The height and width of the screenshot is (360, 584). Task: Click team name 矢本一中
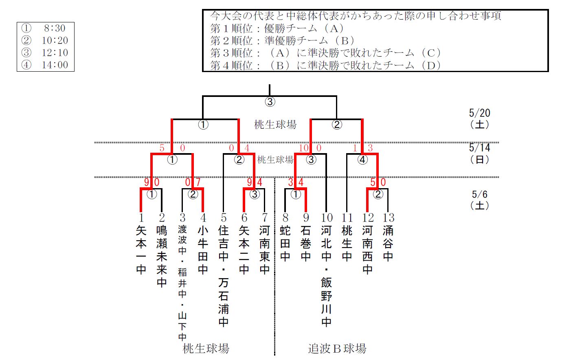pyautogui.click(x=141, y=250)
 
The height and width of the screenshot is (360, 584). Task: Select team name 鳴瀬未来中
pyautogui.click(x=162, y=257)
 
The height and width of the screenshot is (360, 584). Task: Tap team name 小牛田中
pyautogui.click(x=203, y=250)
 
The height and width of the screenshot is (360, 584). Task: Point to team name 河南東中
pyautogui.click(x=265, y=250)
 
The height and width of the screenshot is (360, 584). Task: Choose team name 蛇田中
pyautogui.click(x=285, y=244)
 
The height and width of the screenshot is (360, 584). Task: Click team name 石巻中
pyautogui.click(x=306, y=244)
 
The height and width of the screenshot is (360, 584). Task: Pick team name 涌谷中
pyautogui.click(x=388, y=244)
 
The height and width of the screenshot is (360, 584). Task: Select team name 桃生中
pyautogui.click(x=347, y=244)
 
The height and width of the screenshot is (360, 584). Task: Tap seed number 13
pyautogui.click(x=389, y=218)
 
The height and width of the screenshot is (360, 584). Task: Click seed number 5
pyautogui.click(x=224, y=218)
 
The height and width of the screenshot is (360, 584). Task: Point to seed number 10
pyautogui.click(x=327, y=218)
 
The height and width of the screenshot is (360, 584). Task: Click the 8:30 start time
pyautogui.click(x=55, y=28)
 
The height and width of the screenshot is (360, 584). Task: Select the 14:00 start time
pyautogui.click(x=55, y=65)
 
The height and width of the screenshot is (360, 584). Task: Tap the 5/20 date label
pyautogui.click(x=479, y=113)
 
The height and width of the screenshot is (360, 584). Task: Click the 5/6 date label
pyautogui.click(x=480, y=195)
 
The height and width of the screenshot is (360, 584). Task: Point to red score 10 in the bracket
pyautogui.click(x=304, y=148)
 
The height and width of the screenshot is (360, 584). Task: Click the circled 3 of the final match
pyautogui.click(x=270, y=102)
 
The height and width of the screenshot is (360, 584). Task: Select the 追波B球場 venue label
pyautogui.click(x=337, y=349)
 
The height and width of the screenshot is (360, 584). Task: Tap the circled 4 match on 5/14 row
pyautogui.click(x=362, y=160)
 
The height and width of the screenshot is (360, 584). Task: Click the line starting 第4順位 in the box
pyautogui.click(x=325, y=65)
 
